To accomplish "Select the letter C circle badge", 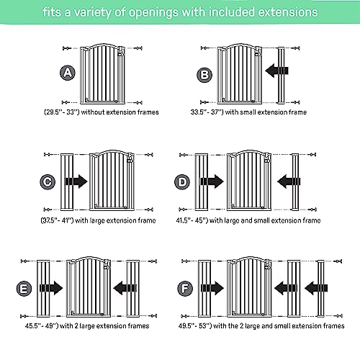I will point(49,182).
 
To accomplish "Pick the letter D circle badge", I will point(183,182).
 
